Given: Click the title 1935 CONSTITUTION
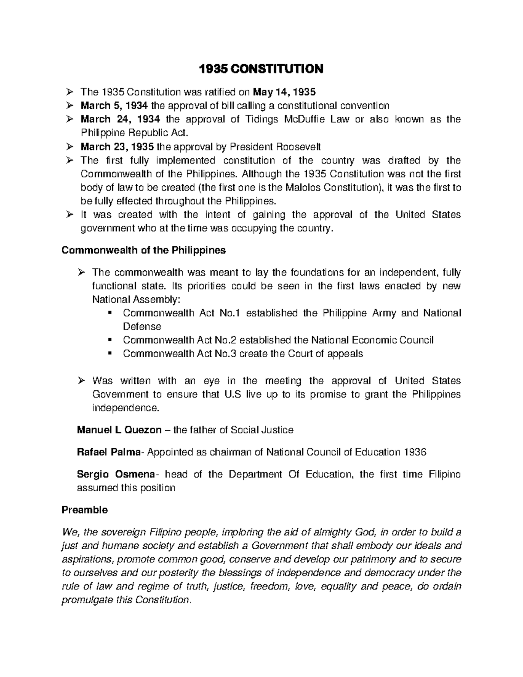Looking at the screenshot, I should pos(261,69).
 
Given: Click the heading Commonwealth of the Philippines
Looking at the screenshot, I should pos(144,250).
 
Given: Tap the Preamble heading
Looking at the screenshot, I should pos(85,510).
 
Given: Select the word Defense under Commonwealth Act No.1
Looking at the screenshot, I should pos(142,327).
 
